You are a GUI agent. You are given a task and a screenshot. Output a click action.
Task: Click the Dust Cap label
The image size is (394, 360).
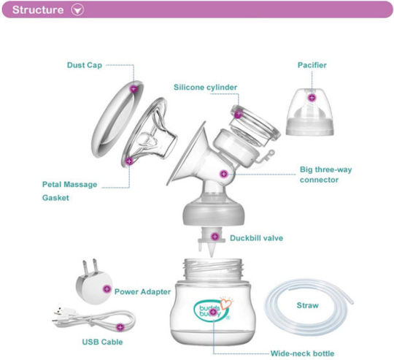point(85,65)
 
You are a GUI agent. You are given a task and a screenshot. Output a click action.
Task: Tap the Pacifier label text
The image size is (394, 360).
point(312,65)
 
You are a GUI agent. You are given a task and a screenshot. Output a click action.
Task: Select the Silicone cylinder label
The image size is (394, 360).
point(205,87)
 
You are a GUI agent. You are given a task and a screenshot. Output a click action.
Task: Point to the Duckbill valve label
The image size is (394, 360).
point(257,238)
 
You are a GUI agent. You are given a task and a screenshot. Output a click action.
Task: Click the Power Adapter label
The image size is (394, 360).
point(142,291)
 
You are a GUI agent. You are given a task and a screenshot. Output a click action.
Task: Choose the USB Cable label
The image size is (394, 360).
point(102,342)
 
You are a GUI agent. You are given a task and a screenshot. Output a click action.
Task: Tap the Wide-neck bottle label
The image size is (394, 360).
point(302,353)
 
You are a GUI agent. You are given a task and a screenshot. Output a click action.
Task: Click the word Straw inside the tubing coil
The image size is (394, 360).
point(308,305)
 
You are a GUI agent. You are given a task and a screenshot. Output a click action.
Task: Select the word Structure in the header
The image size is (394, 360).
point(38,9)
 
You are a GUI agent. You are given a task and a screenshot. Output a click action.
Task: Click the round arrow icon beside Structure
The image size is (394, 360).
point(77,9)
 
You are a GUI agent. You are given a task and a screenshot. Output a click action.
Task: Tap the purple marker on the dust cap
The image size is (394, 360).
point(134,89)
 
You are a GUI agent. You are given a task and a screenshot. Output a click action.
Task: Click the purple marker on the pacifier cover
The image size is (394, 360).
point(312,98)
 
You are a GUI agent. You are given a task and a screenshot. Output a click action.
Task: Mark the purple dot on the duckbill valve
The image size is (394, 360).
point(215,237)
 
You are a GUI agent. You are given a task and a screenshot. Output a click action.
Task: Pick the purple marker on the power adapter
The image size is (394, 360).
point(107,289)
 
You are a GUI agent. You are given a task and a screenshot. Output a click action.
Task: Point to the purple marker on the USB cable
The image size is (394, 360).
point(120,327)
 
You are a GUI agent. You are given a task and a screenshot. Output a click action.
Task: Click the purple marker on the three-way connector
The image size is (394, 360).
point(224,174)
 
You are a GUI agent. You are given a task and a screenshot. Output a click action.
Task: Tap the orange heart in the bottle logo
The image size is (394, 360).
point(225,304)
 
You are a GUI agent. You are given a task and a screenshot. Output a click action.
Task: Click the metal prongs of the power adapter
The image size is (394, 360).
point(90,267)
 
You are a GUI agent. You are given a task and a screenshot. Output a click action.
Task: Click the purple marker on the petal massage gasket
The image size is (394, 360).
point(129,161)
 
